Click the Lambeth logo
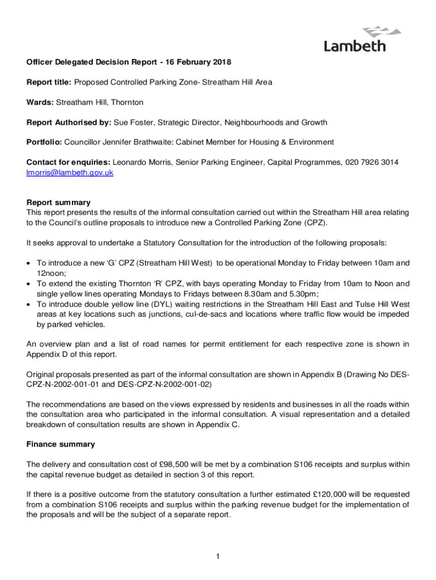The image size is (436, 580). coord(354,39)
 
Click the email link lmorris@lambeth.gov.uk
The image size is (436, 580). coord(70,173)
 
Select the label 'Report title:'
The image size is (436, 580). coord(49,82)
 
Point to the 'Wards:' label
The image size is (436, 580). coord(40,103)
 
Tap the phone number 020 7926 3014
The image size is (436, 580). coord(371,163)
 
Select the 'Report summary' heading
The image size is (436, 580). coord(58,202)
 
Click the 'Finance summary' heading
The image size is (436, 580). coord(61,444)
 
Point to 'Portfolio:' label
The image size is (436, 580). coord(45,142)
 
